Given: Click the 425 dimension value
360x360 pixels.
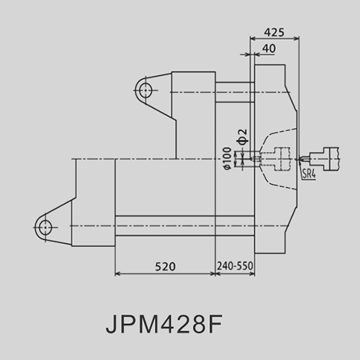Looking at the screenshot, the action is pyautogui.click(x=274, y=32).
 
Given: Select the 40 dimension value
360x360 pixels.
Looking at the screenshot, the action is pyautogui.click(x=269, y=49).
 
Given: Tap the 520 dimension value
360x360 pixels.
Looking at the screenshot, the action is pyautogui.click(x=165, y=266).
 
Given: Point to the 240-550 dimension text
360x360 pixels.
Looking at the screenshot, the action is pyautogui.click(x=235, y=266).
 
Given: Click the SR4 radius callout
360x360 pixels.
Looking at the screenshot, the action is pyautogui.click(x=309, y=174).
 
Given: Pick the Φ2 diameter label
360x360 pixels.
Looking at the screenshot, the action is pyautogui.click(x=243, y=137).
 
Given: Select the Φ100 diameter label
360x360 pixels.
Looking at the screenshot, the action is pyautogui.click(x=228, y=158).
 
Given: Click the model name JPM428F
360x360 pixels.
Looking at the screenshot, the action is pyautogui.click(x=164, y=324).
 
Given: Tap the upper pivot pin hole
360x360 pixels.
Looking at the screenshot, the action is pyautogui.click(x=145, y=91).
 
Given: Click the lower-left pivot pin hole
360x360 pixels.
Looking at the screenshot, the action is pyautogui.click(x=45, y=227).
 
